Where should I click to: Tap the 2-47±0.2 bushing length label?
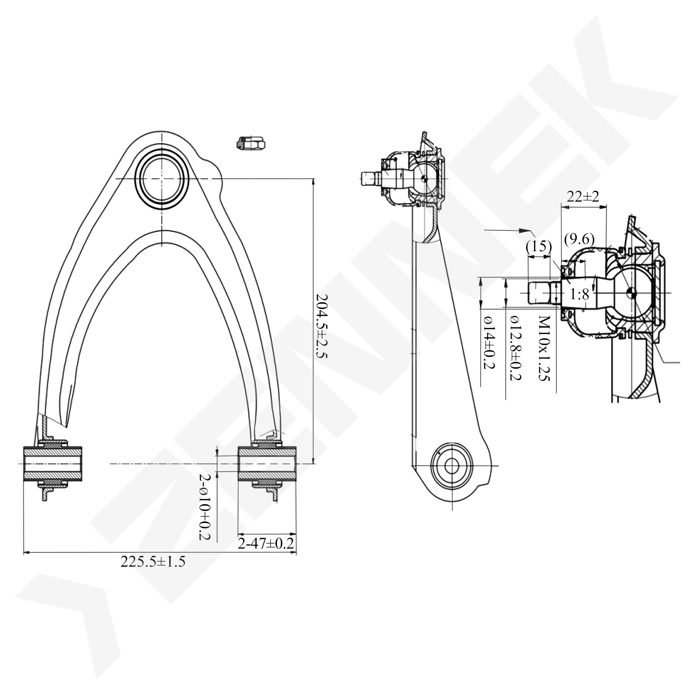[266, 543]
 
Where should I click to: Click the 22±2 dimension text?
[583, 196]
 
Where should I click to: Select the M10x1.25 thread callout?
[544, 348]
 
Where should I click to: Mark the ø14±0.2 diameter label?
[489, 342]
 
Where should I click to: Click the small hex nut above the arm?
[251, 143]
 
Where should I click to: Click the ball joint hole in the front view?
[162, 178]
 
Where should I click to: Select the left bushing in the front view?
[53, 464]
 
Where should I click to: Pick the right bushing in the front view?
[267, 464]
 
